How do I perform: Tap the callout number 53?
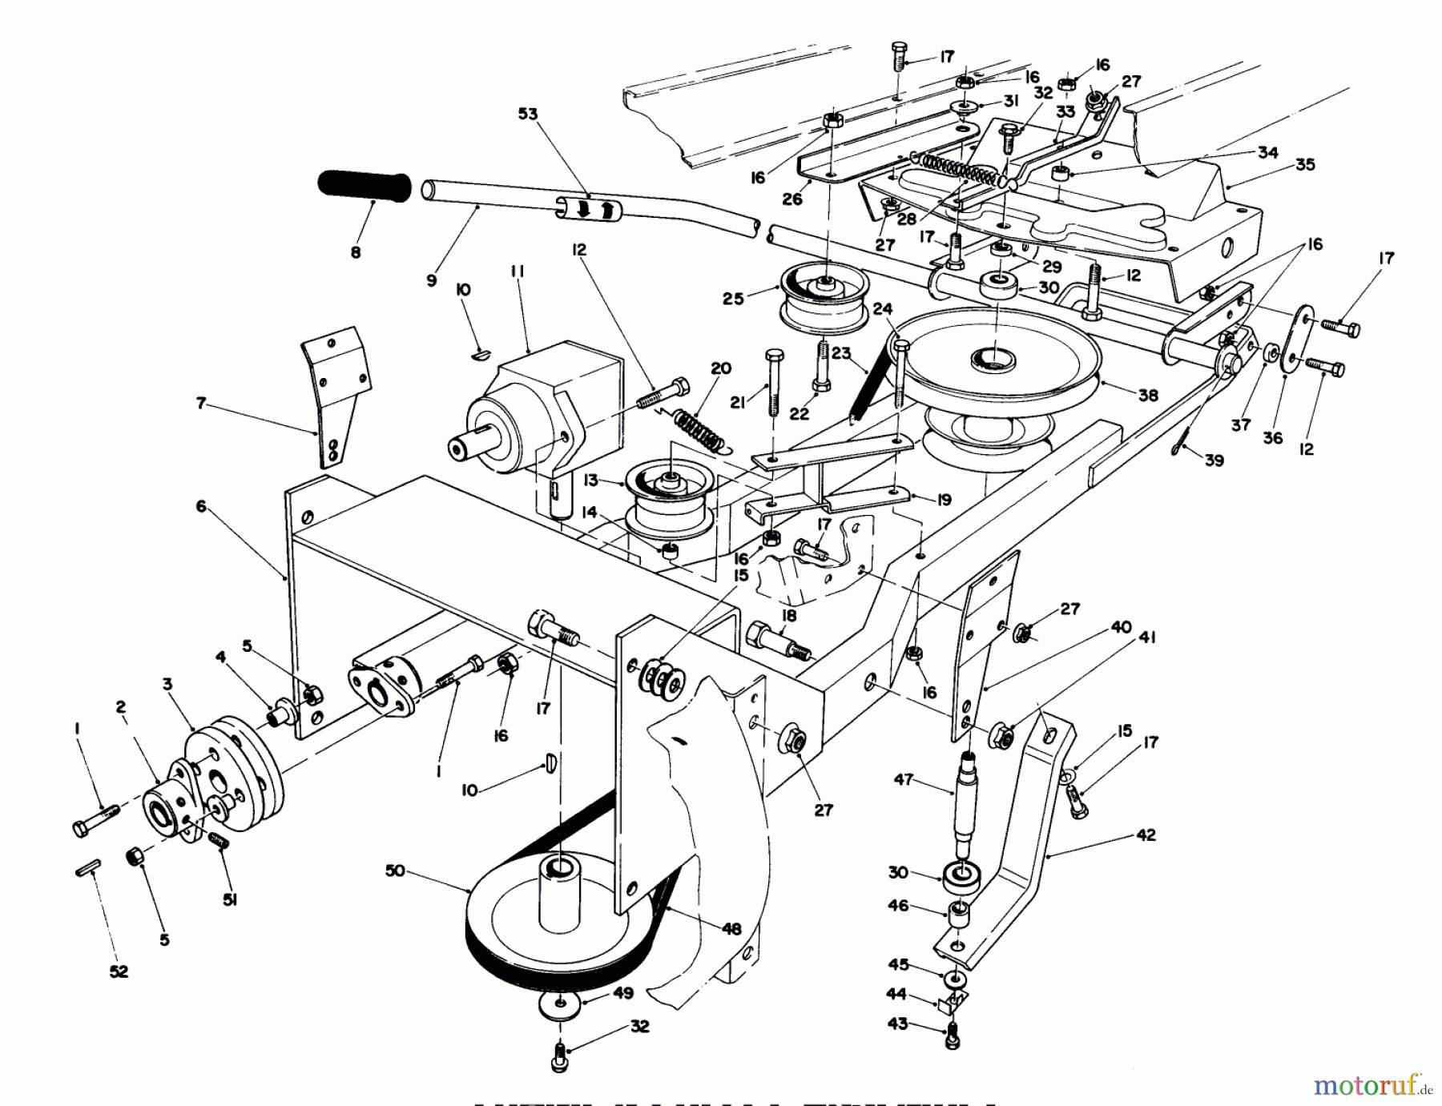[527, 115]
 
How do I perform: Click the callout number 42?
[1146, 835]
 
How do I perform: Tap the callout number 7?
[202, 404]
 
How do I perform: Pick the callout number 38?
[1149, 395]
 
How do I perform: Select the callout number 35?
[1306, 166]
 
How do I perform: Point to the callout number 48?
[731, 929]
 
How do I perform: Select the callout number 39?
[1214, 460]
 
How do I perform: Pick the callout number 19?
[944, 500]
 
